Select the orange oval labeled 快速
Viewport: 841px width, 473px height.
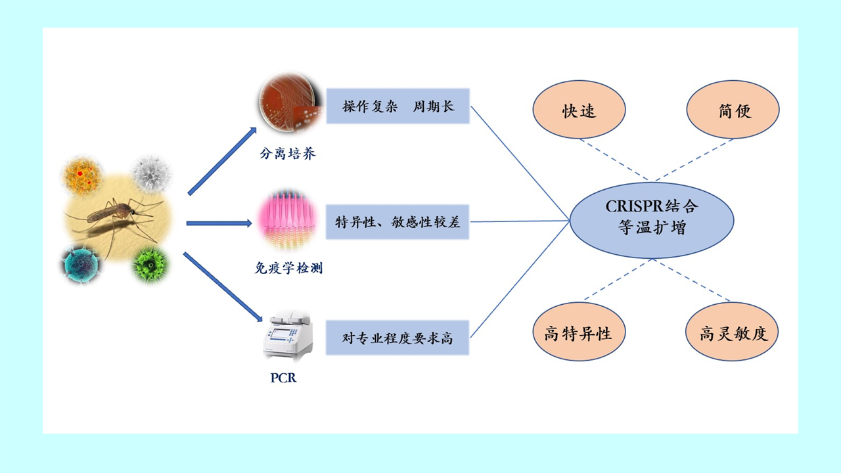(x=578, y=110)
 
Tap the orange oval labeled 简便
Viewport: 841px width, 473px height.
(x=733, y=110)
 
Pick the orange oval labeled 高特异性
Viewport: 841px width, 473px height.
(x=578, y=332)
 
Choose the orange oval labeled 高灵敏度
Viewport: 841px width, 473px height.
(x=731, y=332)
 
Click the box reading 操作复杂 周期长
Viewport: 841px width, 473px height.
(x=398, y=106)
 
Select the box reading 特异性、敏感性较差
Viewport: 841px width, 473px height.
(x=398, y=221)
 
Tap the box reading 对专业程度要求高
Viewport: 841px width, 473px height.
(x=398, y=338)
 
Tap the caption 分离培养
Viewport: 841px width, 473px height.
(x=287, y=154)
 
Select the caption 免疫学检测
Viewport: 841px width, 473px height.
(x=288, y=268)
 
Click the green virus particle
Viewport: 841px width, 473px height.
(x=150, y=264)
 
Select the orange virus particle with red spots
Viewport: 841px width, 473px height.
(x=83, y=175)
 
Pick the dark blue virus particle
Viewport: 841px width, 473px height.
(x=81, y=264)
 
